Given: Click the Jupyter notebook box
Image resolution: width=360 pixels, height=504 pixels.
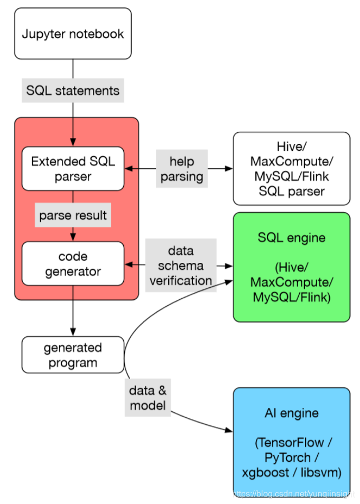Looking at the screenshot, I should [72, 33].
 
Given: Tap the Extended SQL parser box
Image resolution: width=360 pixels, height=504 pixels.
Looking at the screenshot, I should [72, 168].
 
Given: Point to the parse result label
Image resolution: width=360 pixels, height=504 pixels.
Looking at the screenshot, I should [72, 216].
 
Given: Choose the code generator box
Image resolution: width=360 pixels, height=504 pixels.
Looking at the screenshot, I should [72, 263].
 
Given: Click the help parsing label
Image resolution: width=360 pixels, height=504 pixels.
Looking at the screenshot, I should [181, 169].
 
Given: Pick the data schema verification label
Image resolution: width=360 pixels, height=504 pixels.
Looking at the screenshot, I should [181, 265].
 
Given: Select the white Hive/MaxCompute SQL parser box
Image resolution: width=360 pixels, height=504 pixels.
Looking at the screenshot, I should [291, 168].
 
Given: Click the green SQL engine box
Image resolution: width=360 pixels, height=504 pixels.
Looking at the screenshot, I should [291, 267].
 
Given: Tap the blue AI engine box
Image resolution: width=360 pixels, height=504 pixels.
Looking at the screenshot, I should [291, 442].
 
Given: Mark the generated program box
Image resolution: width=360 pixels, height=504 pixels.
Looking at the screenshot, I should [72, 355].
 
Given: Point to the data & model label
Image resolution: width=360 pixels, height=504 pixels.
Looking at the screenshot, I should [147, 398].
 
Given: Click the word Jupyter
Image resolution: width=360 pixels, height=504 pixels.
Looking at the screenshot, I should [43, 34].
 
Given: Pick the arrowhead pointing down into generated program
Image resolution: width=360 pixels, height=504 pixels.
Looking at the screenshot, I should [72, 333].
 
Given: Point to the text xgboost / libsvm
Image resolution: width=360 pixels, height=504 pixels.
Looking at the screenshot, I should [291, 472].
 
